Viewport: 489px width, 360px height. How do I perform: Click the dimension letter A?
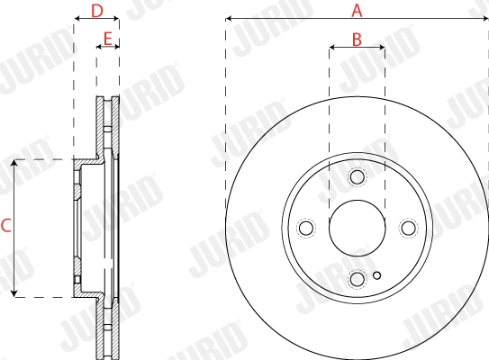pos(357,11)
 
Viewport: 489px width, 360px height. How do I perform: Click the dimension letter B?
pos(357,40)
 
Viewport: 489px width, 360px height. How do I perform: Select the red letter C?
pos(5,227)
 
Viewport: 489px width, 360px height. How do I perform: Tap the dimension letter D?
pos(97,11)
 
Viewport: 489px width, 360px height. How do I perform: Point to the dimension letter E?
pos(108,40)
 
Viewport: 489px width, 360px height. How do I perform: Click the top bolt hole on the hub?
pos(357,176)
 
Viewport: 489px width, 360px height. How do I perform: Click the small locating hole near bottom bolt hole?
pos(377,275)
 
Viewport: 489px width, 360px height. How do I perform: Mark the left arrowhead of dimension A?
pos(229,18)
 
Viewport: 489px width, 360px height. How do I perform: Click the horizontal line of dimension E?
pos(108,47)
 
